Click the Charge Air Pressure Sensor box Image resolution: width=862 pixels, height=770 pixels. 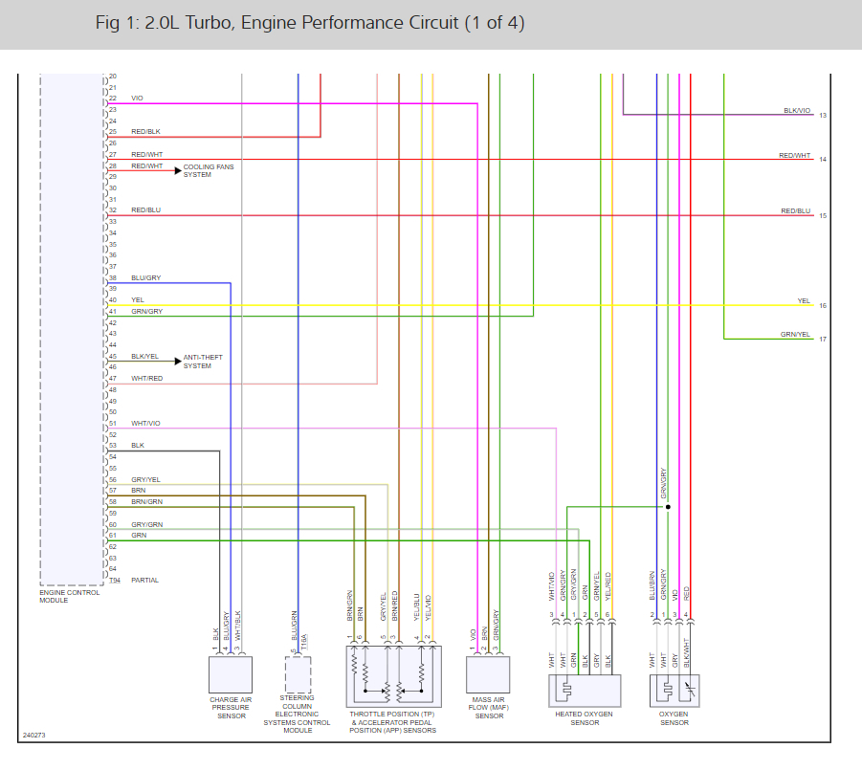[x=230, y=675]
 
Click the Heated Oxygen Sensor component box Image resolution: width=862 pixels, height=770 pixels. [x=585, y=689]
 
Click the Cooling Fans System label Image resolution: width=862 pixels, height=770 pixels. [x=209, y=170]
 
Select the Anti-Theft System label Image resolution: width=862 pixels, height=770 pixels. [x=197, y=361]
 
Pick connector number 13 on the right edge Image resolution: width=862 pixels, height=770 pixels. [x=822, y=116]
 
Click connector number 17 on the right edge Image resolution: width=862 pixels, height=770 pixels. [x=822, y=340]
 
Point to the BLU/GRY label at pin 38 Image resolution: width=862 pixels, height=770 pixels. [x=145, y=277]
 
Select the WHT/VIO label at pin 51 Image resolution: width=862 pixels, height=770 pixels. [x=145, y=423]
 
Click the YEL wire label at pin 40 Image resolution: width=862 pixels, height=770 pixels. [x=138, y=299]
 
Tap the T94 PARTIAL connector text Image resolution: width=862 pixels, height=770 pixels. [x=134, y=580]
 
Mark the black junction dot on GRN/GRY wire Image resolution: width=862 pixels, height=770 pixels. [x=668, y=507]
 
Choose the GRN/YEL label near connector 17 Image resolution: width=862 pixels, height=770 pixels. [x=795, y=334]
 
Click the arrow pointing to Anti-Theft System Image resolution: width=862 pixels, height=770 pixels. [x=176, y=361]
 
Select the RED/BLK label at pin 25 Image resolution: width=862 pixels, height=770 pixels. [x=145, y=131]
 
